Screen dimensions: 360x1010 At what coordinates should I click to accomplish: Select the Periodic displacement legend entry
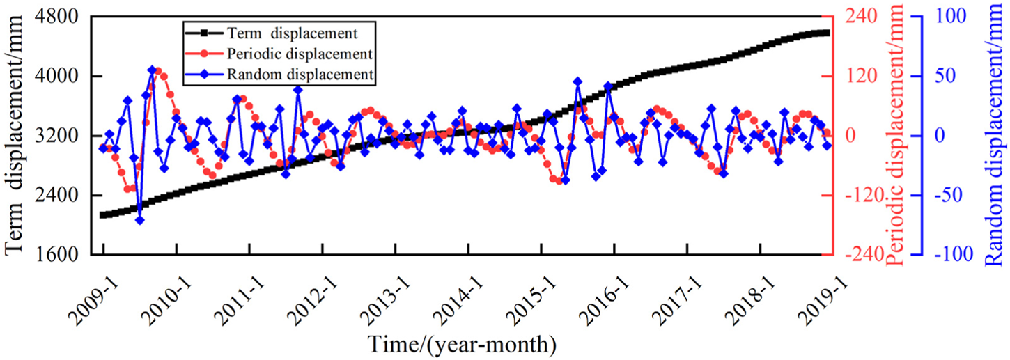tap(297, 53)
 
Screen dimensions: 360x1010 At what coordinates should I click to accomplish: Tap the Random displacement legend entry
tap(299, 74)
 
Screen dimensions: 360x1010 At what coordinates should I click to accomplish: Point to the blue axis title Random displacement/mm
tap(994, 136)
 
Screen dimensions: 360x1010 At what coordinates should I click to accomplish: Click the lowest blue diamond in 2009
tap(139, 220)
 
